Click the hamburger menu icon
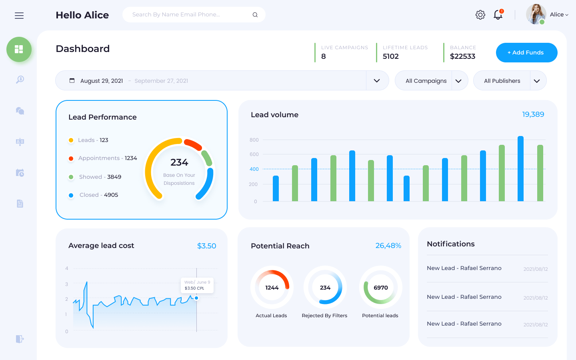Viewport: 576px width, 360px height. (19, 16)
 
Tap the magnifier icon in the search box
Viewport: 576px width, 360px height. (255, 15)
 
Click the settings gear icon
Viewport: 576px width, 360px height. (480, 15)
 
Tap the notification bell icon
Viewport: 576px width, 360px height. (498, 15)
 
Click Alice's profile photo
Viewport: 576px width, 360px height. (536, 14)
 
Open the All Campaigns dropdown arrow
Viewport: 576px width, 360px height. (458, 81)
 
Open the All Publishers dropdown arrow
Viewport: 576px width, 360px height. (537, 81)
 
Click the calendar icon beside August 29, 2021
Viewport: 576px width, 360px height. (72, 80)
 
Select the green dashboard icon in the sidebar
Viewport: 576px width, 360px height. (19, 49)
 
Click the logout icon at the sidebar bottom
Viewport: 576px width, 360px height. (20, 339)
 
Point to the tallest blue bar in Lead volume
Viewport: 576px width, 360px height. (520, 168)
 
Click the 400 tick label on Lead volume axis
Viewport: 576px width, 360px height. (254, 169)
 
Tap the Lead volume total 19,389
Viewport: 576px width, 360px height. (533, 114)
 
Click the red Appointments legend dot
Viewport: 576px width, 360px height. (71, 158)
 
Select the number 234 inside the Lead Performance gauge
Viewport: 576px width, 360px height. (179, 162)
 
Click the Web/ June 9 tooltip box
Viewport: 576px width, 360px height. (197, 285)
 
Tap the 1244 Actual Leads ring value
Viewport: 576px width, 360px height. (272, 288)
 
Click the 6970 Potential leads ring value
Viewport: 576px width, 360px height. (380, 288)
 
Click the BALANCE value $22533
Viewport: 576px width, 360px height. (462, 56)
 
